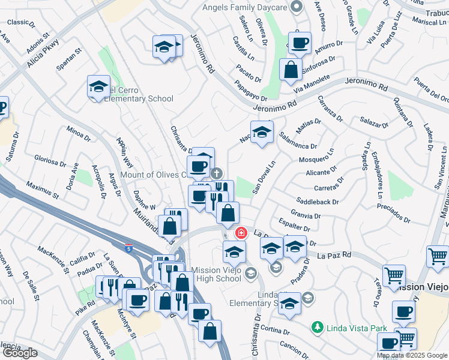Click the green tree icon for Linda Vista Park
tap(317, 328)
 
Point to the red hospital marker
tap(241, 232)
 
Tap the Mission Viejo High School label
tap(216, 275)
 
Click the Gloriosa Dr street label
tap(50, 162)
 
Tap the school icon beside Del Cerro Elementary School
tap(98, 87)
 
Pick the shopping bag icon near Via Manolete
tap(291, 69)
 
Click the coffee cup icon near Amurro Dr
tap(299, 43)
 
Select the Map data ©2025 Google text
tap(412, 355)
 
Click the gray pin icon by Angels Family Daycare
tap(295, 7)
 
